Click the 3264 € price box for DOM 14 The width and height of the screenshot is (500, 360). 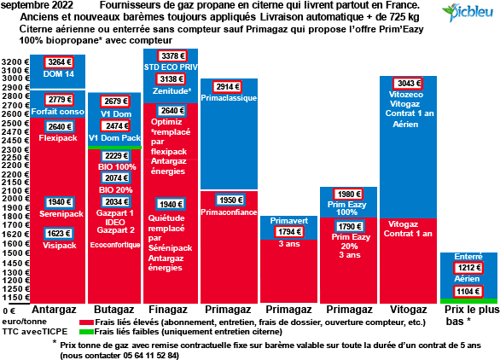57,62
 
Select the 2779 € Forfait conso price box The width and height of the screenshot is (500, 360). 57,100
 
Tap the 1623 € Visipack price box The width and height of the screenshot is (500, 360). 57,233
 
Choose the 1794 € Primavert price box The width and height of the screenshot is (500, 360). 288,231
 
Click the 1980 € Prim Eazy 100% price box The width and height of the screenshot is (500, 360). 348,194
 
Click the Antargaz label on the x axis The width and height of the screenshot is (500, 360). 56,308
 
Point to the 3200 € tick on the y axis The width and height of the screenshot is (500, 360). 15,63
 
